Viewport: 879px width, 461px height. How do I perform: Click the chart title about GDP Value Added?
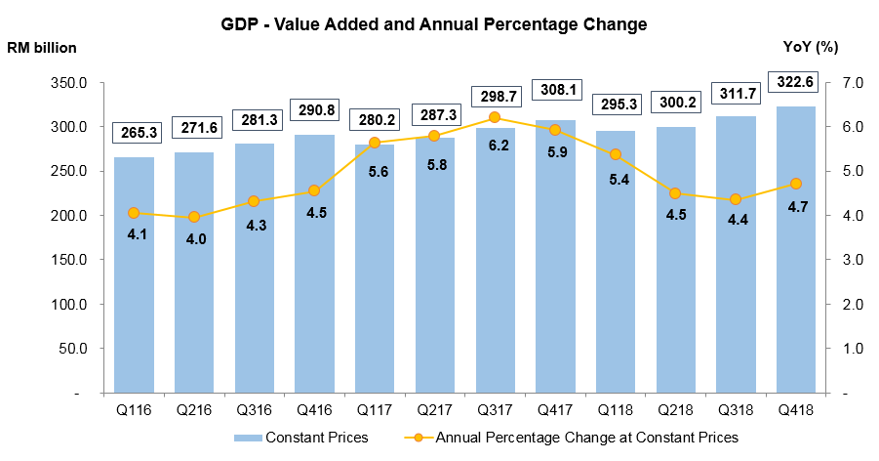coord(434,24)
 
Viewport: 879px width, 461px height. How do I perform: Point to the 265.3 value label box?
coord(134,132)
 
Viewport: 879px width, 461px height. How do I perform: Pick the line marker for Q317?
coord(495,118)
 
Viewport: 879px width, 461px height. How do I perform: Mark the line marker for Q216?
coord(193,217)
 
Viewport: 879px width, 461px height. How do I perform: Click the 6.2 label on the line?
coord(495,145)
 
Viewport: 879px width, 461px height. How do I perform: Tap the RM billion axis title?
coord(41,47)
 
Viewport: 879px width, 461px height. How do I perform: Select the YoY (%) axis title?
coord(811,47)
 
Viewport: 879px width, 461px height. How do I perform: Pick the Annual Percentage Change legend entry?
coord(576,438)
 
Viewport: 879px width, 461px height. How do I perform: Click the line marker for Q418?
coord(796,184)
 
